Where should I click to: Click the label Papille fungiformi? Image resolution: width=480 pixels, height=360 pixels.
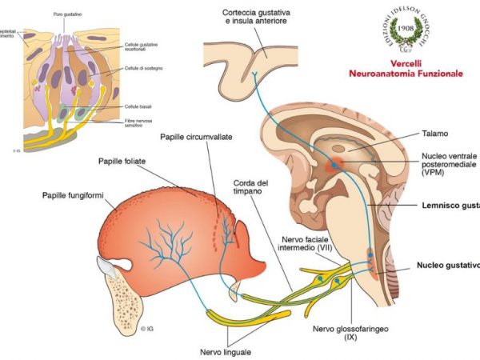click(x=78, y=195)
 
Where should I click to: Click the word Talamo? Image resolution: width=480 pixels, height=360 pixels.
click(x=434, y=134)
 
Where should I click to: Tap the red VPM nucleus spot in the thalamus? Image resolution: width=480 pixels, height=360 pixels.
click(x=334, y=166)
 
